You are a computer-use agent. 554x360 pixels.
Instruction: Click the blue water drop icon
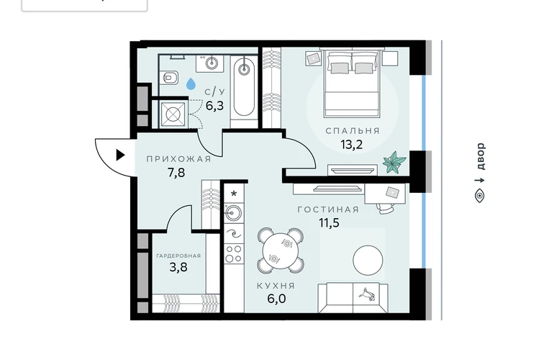[x=191, y=84]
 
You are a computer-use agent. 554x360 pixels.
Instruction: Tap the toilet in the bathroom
[x=171, y=78]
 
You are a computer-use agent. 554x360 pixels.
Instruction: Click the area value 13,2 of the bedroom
[x=352, y=144]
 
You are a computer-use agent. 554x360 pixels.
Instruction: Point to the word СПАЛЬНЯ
[x=353, y=131]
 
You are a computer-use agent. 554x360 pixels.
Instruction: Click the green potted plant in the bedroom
[x=394, y=162]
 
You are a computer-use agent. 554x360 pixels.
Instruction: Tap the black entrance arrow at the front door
[x=120, y=155]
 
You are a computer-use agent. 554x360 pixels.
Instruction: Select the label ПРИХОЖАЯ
[x=178, y=159]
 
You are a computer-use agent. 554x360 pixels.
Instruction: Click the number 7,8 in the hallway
[x=176, y=173]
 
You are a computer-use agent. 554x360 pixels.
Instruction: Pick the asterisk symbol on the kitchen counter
[x=234, y=194]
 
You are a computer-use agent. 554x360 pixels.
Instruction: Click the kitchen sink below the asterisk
[x=234, y=212]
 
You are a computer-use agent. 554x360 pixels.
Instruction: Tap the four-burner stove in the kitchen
[x=234, y=254]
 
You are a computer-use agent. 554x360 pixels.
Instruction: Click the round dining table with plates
[x=280, y=251]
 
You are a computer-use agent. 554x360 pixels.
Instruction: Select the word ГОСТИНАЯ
[x=328, y=210]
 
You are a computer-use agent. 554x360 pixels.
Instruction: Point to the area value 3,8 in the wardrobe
[x=178, y=267]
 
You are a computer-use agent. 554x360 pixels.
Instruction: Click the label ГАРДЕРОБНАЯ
[x=178, y=256]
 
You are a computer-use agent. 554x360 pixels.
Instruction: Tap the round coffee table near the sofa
[x=368, y=260]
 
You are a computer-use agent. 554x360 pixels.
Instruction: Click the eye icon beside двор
[x=479, y=196]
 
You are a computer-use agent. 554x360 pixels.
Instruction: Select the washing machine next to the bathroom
[x=173, y=114]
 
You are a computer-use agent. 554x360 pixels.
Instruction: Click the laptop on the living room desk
[x=392, y=192]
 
